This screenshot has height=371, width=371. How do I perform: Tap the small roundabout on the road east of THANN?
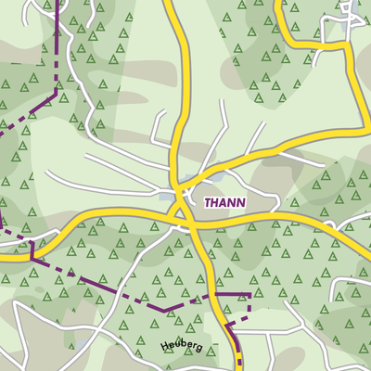click(x=328, y=226)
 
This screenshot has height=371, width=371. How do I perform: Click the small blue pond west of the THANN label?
click(x=167, y=195)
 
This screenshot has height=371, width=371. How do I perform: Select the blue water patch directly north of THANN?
click(x=191, y=179)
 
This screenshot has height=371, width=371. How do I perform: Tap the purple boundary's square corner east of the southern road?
click(x=249, y=295)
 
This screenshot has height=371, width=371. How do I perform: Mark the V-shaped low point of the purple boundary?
click(x=164, y=309)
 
